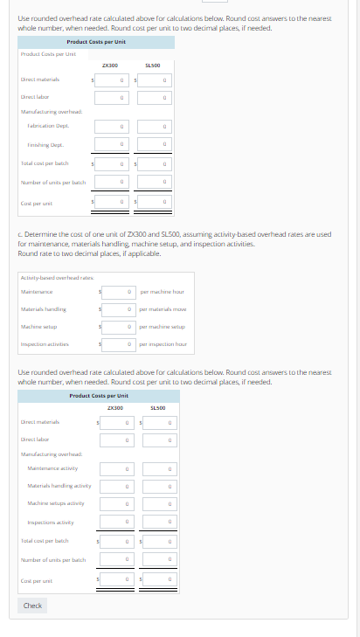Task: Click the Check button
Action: [x=32, y=606]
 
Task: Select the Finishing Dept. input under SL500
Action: [x=155, y=144]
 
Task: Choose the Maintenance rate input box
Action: [x=119, y=291]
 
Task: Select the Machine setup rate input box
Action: [x=119, y=326]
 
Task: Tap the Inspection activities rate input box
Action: [x=119, y=344]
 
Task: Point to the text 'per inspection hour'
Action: [x=163, y=344]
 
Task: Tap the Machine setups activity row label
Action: [x=55, y=504]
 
